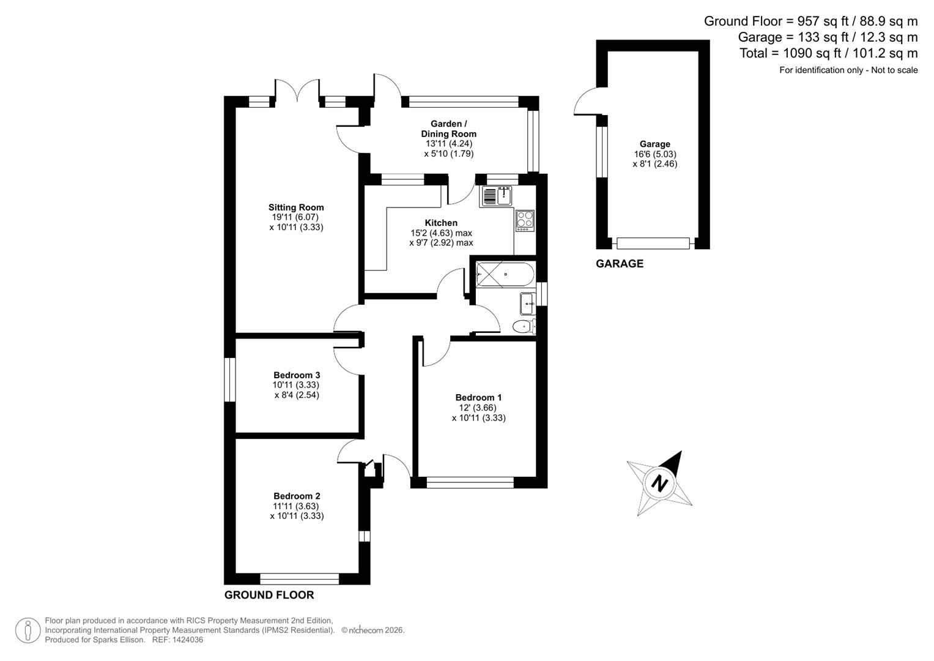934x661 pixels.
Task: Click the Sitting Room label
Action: [x=296, y=207]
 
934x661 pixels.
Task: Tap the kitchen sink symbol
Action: [x=496, y=196]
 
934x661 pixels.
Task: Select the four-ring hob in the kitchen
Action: [x=524, y=220]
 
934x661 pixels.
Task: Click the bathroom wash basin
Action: [x=528, y=302]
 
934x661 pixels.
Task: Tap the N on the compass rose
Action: [x=659, y=484]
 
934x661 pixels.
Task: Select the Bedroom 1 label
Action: [x=478, y=398]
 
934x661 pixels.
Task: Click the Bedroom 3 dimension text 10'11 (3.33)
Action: [x=296, y=385]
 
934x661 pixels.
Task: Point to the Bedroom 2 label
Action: [x=297, y=496]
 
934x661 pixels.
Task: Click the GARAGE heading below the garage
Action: [x=620, y=264]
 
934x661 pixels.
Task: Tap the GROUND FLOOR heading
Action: [x=269, y=595]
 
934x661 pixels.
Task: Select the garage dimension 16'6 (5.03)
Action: [x=655, y=154]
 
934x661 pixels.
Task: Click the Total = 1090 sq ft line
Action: [x=828, y=53]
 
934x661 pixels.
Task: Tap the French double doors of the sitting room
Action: [x=297, y=92]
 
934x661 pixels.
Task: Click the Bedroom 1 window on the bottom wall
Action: [x=470, y=483]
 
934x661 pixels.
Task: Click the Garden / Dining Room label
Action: [x=448, y=129]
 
